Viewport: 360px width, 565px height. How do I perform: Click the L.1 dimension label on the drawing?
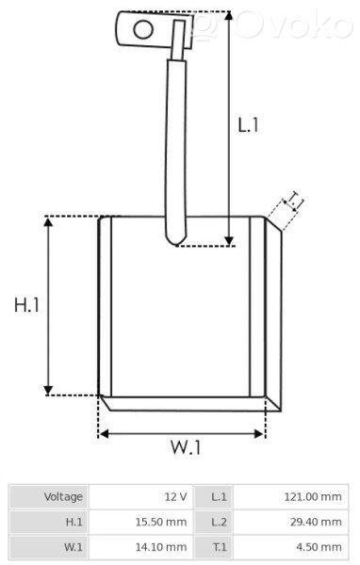click(248, 125)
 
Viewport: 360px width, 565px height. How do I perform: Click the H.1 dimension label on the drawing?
click(26, 305)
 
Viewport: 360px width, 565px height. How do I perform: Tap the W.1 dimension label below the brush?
click(186, 447)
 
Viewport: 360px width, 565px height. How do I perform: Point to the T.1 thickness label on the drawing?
click(295, 201)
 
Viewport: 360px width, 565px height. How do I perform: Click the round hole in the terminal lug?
click(143, 29)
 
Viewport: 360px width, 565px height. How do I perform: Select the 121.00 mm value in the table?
click(312, 497)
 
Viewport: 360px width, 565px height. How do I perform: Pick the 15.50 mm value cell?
click(161, 522)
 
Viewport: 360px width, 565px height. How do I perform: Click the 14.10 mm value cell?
click(161, 547)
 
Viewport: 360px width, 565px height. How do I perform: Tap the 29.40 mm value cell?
click(316, 522)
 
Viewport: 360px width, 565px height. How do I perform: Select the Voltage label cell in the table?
click(48, 497)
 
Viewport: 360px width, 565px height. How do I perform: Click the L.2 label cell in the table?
click(214, 522)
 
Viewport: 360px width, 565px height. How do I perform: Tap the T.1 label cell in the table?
click(214, 547)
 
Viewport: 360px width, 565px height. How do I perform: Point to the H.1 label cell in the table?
click(48, 522)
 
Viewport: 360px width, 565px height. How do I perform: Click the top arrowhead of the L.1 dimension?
click(229, 16)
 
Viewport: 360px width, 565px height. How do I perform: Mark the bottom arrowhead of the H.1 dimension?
click(48, 390)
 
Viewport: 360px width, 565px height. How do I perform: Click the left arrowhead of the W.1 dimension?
click(104, 434)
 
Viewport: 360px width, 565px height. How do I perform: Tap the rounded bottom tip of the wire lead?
click(176, 244)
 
